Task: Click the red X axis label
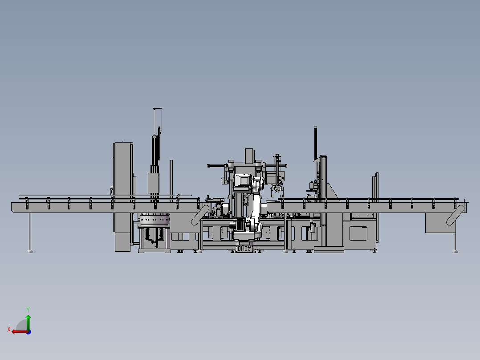pos(8,329)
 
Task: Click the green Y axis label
pos(28,309)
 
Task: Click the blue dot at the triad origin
pos(28,331)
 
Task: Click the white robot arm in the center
pos(255,205)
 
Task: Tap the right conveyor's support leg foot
pos(455,251)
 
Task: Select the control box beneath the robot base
pos(244,249)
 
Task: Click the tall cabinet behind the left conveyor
pos(122,196)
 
